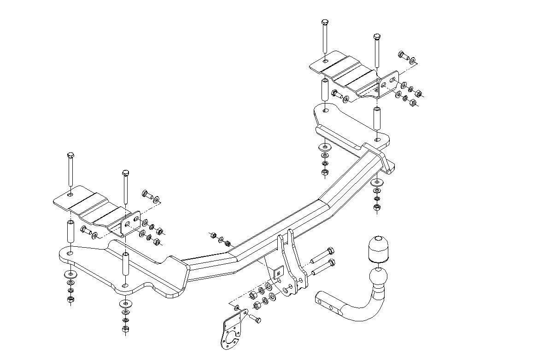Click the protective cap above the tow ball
(x=378, y=250)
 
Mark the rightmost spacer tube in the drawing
(x=377, y=118)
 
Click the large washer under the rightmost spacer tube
(x=377, y=183)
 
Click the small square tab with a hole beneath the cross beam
(x=278, y=273)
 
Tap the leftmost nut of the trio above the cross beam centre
(x=213, y=235)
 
